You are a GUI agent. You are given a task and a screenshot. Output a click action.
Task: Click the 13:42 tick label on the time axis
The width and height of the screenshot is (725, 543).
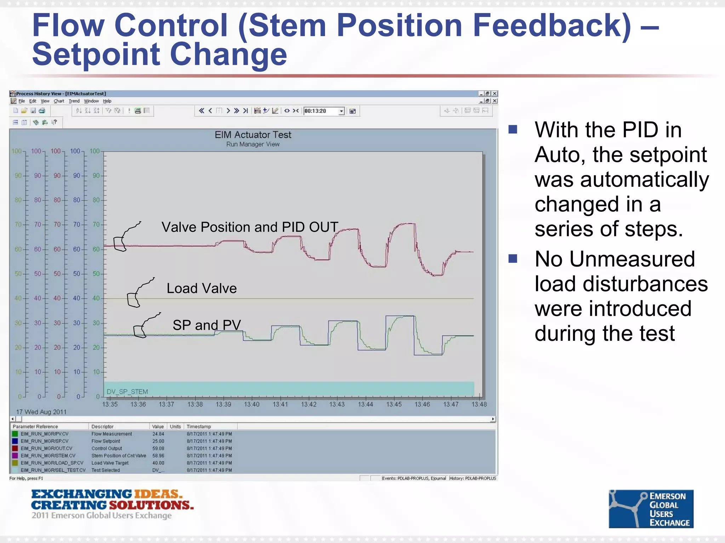(308, 404)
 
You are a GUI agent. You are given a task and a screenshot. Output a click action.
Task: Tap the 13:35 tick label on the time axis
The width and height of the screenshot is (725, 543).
(110, 404)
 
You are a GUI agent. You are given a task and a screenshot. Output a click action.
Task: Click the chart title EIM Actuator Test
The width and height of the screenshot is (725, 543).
(253, 135)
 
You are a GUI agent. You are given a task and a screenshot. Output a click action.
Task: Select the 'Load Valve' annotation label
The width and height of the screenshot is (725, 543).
(201, 288)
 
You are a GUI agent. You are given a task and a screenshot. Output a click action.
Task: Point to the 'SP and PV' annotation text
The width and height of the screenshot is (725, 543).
(207, 325)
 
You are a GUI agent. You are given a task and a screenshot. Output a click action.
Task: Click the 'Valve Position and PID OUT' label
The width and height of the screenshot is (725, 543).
(250, 227)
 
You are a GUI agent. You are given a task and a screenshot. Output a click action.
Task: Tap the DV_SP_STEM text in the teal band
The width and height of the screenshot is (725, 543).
(127, 392)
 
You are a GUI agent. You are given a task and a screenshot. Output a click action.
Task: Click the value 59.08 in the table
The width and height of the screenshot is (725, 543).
(158, 448)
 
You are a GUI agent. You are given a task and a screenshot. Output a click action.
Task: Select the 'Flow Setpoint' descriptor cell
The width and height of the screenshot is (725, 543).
(105, 441)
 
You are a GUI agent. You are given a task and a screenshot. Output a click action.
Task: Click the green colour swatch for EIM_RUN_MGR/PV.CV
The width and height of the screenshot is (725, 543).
(15, 434)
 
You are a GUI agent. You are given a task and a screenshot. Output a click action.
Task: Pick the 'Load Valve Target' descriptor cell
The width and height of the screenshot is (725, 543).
(110, 463)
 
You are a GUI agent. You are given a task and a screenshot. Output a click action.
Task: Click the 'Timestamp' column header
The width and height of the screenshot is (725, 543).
(199, 426)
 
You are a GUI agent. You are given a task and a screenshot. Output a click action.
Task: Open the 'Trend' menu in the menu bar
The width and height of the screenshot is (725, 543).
(74, 101)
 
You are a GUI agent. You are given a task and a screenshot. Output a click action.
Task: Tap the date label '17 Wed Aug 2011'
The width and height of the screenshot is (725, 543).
(41, 412)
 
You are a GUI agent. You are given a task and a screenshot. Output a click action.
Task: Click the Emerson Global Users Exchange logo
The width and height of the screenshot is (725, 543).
(651, 509)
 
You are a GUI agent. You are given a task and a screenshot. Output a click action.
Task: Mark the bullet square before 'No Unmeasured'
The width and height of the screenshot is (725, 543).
(513, 259)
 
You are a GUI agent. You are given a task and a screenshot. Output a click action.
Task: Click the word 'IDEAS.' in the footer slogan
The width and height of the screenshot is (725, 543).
(158, 494)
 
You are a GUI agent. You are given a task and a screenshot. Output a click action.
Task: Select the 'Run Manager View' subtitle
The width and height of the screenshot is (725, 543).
(253, 144)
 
